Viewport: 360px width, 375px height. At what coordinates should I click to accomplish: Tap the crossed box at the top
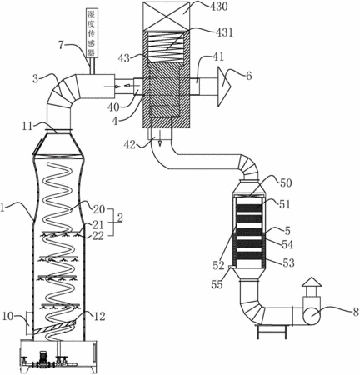pos(167,15)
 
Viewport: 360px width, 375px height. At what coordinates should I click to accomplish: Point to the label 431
pos(222,32)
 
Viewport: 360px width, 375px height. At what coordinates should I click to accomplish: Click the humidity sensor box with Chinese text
pos(92,32)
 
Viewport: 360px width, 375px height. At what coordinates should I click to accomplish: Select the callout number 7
pos(62,44)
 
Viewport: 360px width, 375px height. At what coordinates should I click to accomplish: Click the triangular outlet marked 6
pos(224,87)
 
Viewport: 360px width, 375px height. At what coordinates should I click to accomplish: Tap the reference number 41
pos(217,57)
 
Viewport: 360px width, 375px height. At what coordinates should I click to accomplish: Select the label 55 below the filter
pos(217,284)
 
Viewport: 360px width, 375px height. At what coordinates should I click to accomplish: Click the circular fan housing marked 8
pos(312,316)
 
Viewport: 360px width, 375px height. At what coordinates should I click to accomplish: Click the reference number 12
pos(98,316)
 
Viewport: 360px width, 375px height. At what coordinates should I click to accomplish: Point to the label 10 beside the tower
pos(9,316)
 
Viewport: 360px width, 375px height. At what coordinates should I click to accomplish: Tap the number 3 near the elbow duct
pos(35,79)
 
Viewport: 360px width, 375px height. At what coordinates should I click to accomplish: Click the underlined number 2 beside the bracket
pos(119,217)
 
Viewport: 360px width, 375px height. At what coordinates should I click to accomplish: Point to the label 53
pos(288,262)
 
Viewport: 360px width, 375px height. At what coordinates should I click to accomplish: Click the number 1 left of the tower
pos(2,207)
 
